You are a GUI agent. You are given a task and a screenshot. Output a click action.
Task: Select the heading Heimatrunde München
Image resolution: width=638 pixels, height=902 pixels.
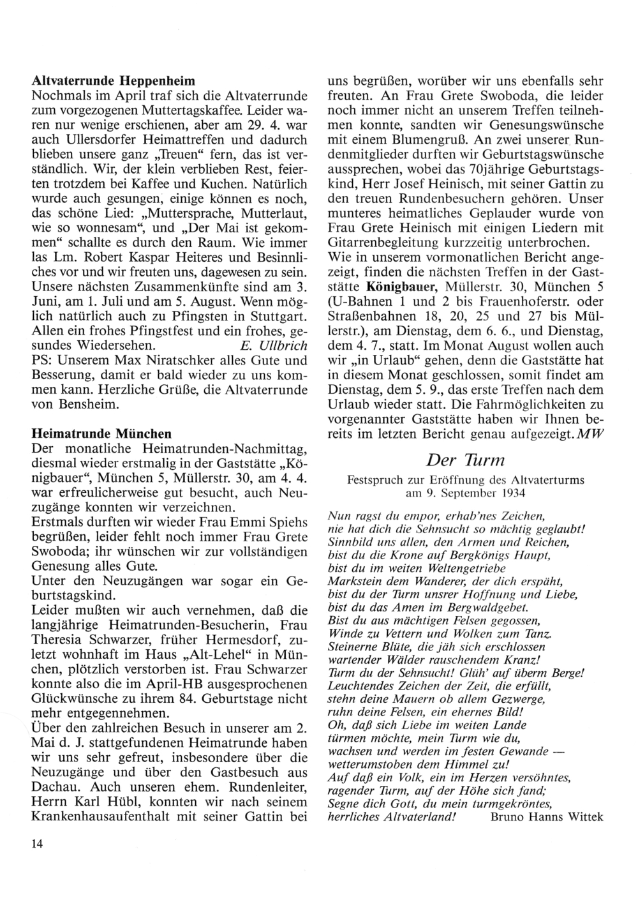click(101, 434)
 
